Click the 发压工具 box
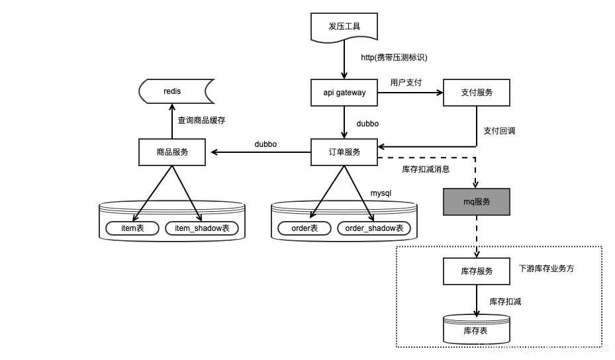point(344,27)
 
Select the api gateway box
point(344,93)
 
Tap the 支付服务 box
point(477,93)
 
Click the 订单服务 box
point(344,152)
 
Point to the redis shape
point(173,91)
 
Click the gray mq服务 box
point(477,202)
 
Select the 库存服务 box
point(477,271)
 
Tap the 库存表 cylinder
point(477,329)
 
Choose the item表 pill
point(133,228)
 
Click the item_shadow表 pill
point(202,228)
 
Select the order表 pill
point(305,228)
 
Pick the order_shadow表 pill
point(374,228)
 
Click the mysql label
point(381,193)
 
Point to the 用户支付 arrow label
point(406,83)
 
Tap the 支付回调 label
point(499,131)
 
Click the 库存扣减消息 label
point(426,169)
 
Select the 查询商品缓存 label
point(201,120)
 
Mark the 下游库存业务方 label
point(546,269)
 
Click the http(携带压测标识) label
point(394,58)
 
